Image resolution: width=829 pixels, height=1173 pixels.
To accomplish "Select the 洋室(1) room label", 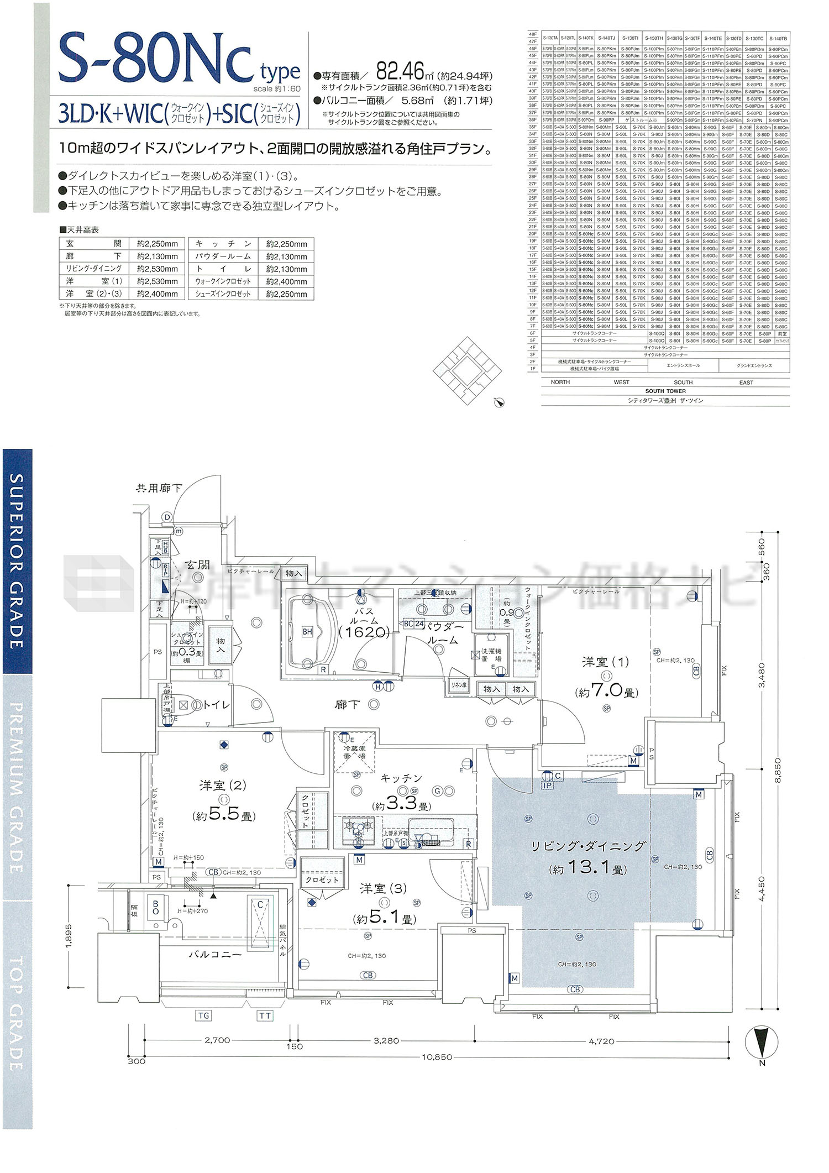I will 605,662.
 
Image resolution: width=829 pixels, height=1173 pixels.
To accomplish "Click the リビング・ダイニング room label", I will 588,846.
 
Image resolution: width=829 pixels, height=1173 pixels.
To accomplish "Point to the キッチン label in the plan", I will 401,778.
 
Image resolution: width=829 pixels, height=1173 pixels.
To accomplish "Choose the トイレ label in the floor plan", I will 216,705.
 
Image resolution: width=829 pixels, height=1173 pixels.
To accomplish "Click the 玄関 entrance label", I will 197,565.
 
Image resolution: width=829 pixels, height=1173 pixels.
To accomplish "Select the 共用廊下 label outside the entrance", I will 159,488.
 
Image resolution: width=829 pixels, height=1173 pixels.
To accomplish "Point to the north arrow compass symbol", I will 762,1036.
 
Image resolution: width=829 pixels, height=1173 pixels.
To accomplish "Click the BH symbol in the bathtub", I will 307,631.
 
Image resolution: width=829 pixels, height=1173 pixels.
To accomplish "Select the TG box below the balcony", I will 203,1015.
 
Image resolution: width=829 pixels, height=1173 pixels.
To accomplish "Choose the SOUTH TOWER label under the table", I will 665,391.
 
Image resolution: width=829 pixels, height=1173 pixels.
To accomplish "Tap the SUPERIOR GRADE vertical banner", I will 17,561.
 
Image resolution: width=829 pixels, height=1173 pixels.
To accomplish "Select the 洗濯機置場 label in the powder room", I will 491,655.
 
